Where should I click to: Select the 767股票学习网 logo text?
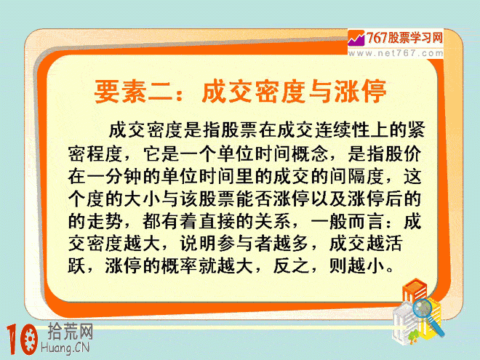[404, 38]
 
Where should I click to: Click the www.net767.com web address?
[396, 53]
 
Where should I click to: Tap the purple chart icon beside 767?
[356, 38]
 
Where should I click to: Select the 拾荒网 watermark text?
[70, 332]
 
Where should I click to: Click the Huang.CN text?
[65, 348]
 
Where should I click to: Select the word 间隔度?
[356, 177]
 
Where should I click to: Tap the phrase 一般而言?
[347, 222]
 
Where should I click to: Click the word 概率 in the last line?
[180, 266]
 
